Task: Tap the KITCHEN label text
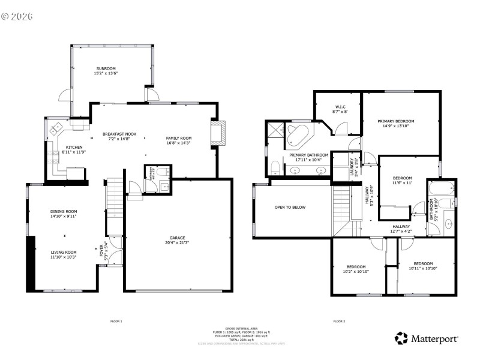pos(74,147)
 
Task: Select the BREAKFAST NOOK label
pos(119,134)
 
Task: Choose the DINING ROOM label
pos(63,211)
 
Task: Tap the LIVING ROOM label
pos(63,252)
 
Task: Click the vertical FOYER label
pos(101,249)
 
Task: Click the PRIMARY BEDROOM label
pos(396,121)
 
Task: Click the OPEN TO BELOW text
pos(290,207)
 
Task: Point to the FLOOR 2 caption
pos(339,322)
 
